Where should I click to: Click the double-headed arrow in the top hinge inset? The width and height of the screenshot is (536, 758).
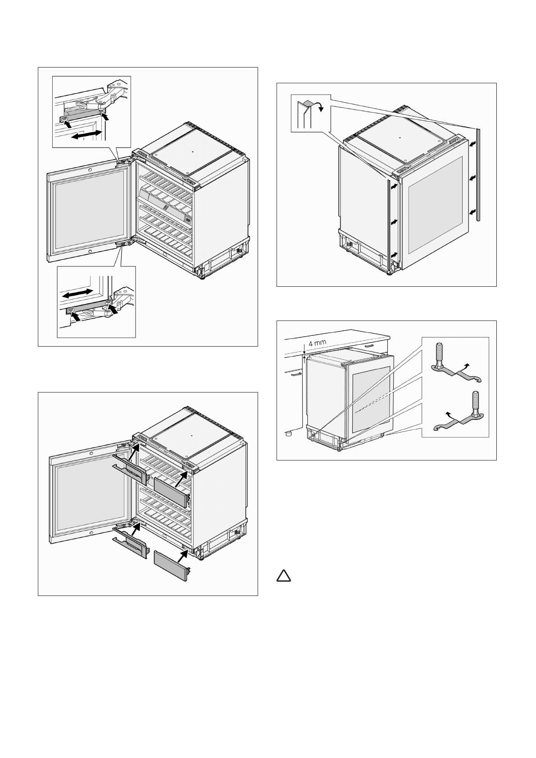[86, 135]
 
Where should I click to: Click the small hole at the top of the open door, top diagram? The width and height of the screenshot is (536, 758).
[90, 170]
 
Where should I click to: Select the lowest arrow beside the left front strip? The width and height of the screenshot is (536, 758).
[395, 255]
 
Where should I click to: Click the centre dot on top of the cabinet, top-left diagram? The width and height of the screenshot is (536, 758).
[192, 152]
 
